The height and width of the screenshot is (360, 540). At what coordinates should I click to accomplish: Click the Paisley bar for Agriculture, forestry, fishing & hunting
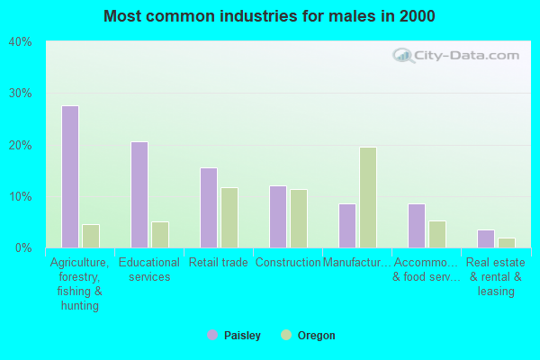coord(70,176)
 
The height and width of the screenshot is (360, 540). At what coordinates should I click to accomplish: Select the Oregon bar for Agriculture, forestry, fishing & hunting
coord(91,236)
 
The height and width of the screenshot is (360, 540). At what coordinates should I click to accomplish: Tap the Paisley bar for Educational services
coord(139,194)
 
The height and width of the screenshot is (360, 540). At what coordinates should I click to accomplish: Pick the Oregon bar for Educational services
coord(160,235)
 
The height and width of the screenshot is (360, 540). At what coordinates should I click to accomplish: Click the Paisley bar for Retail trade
coord(209,208)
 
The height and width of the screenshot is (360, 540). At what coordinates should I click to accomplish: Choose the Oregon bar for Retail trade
coord(229,218)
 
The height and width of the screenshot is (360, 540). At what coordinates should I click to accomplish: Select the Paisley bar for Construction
coord(278,217)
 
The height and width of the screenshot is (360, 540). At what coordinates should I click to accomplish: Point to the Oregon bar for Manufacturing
coord(368,197)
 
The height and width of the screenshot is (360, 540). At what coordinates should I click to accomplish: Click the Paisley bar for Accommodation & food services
coord(417,226)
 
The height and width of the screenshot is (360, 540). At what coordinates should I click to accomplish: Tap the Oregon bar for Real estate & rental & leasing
coord(507,243)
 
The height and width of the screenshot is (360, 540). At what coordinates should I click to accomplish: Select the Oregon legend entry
coord(309,336)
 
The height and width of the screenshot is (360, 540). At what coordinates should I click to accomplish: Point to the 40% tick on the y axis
coord(20,41)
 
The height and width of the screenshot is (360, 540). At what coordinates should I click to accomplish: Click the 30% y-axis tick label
coord(20,94)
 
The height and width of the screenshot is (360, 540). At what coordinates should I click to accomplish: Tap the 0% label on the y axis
coord(22,247)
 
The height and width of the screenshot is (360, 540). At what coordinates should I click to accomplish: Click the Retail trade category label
coord(219,263)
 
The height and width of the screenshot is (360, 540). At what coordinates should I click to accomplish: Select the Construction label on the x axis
coord(288,263)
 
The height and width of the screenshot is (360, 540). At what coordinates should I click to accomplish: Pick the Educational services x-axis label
coord(149,270)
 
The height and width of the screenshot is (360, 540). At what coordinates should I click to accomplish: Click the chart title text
coord(269,16)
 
